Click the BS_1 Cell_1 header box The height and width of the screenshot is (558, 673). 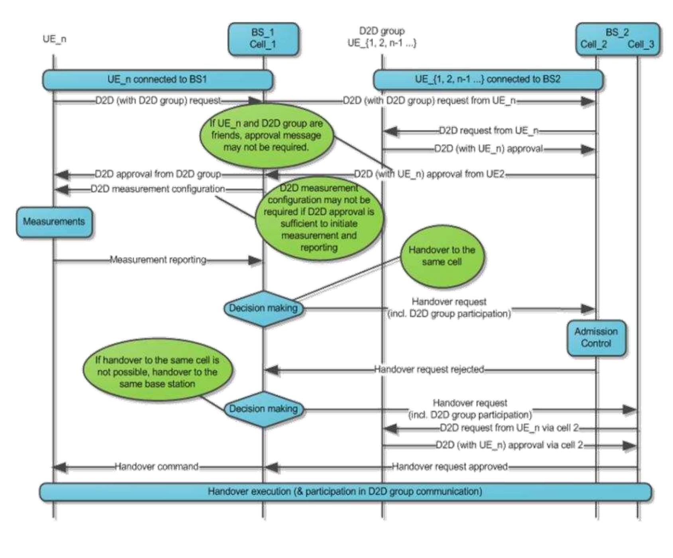[x=263, y=39]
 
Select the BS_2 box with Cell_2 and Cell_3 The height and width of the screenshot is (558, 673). [x=617, y=39]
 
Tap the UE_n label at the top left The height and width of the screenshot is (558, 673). [x=55, y=39]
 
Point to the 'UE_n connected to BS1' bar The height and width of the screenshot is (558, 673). [x=157, y=79]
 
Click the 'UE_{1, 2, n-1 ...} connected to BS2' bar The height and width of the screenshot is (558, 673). [x=488, y=79]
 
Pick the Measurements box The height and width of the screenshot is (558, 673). [x=54, y=222]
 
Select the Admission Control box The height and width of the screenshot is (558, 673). [x=596, y=337]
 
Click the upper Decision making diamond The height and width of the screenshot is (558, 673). [x=263, y=308]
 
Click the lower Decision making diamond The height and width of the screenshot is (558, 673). [x=263, y=409]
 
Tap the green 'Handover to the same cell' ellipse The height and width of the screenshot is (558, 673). [x=442, y=256]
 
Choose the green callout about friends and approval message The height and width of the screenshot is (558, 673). [x=266, y=135]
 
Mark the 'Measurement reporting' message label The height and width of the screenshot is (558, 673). [x=158, y=260]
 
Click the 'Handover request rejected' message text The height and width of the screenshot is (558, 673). [x=429, y=370]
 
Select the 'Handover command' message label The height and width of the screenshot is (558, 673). [x=157, y=466]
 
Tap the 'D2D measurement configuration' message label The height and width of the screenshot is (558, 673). [x=158, y=189]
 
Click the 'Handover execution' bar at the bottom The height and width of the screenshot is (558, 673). [x=345, y=491]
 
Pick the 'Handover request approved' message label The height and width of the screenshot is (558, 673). [x=450, y=466]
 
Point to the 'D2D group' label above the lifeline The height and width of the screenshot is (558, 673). [x=382, y=31]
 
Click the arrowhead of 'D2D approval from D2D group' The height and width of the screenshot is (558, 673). [x=62, y=174]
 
